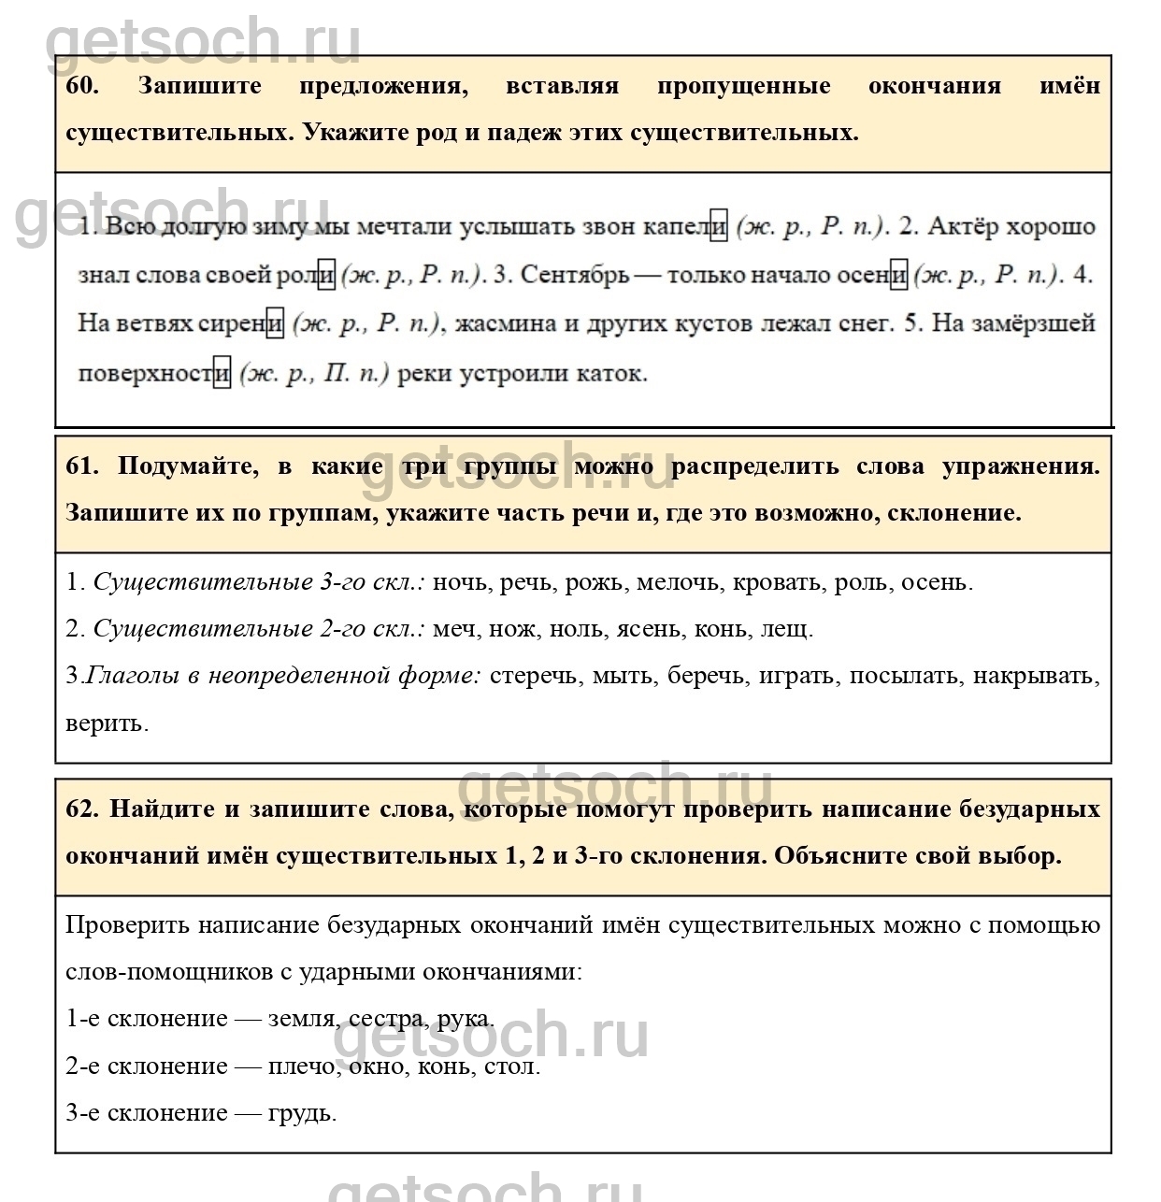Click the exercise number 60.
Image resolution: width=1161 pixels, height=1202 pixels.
82,86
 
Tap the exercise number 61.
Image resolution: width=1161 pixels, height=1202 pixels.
82,466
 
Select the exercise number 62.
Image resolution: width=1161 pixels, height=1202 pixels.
82,809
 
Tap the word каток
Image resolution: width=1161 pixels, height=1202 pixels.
613,374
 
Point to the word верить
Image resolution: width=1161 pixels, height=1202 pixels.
106,723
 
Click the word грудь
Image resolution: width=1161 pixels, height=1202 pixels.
301,1113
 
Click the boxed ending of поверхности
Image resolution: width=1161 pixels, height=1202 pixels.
222,374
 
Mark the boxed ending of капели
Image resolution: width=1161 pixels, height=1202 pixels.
718,226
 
